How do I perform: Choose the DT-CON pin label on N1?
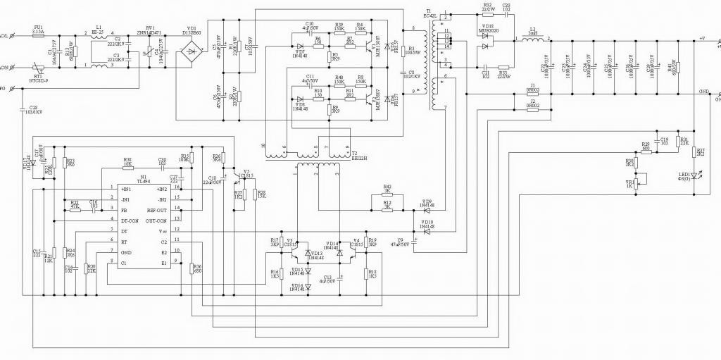click(130, 221)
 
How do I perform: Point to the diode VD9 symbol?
click(427, 210)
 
